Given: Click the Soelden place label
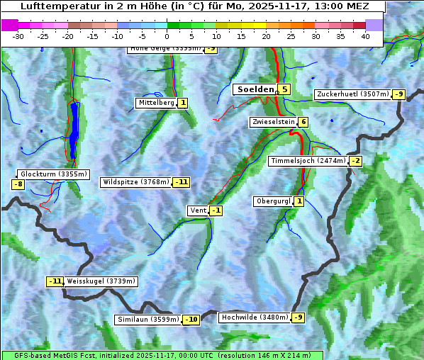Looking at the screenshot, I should [x=255, y=89].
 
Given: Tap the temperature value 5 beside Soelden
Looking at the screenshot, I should [x=284, y=89].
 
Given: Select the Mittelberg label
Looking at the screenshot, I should [x=156, y=103].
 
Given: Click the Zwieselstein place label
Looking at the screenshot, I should [x=273, y=122].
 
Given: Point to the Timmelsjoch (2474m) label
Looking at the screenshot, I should [x=308, y=161].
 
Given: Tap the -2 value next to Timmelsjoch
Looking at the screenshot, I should [x=355, y=161].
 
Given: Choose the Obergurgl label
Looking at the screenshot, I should [x=273, y=201].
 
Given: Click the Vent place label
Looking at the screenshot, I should [x=198, y=210].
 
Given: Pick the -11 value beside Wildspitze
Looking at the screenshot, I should [x=182, y=182].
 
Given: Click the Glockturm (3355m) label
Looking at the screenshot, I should [x=54, y=174].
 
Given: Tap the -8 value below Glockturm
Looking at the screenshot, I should [x=18, y=185].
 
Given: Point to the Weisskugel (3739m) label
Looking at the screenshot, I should [x=101, y=281].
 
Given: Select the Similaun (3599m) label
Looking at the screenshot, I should [x=148, y=320].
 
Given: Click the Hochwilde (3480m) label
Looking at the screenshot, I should [x=255, y=317].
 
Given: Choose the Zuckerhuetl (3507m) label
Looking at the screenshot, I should [x=352, y=94].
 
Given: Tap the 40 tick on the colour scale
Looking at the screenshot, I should [x=365, y=35].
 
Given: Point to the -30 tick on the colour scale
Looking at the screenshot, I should [x=18, y=35].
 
